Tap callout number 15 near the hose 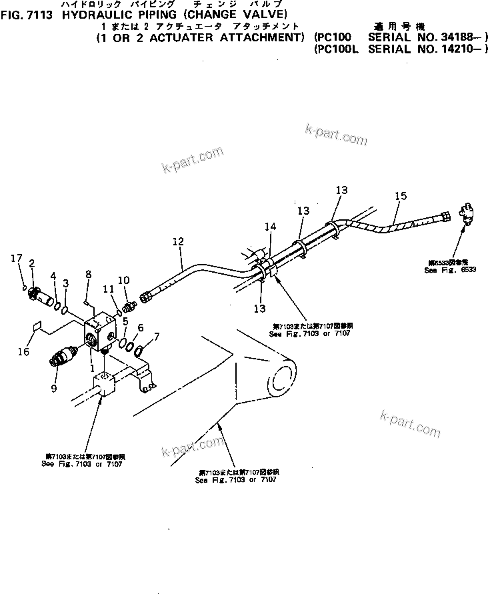tap(400, 196)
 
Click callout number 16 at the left tap(23, 351)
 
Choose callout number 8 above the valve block tap(88, 274)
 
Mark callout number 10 tap(123, 279)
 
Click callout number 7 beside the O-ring tap(156, 337)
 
